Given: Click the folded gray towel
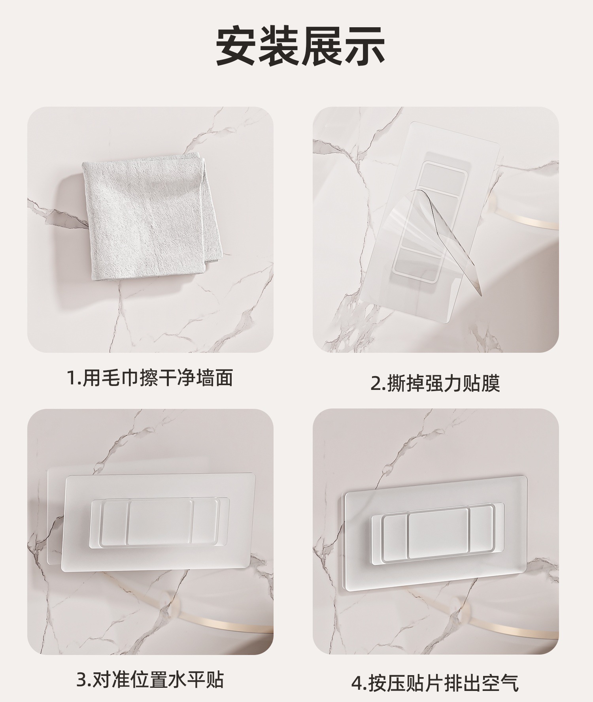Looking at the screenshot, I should pos(150,215).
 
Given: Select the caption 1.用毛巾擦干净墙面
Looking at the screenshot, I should pos(150,377).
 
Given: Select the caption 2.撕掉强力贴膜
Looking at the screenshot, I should pos(435,383).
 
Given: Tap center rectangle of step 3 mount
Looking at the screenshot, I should pos(160,521).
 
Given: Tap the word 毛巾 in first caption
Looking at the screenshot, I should pos(116,377).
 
